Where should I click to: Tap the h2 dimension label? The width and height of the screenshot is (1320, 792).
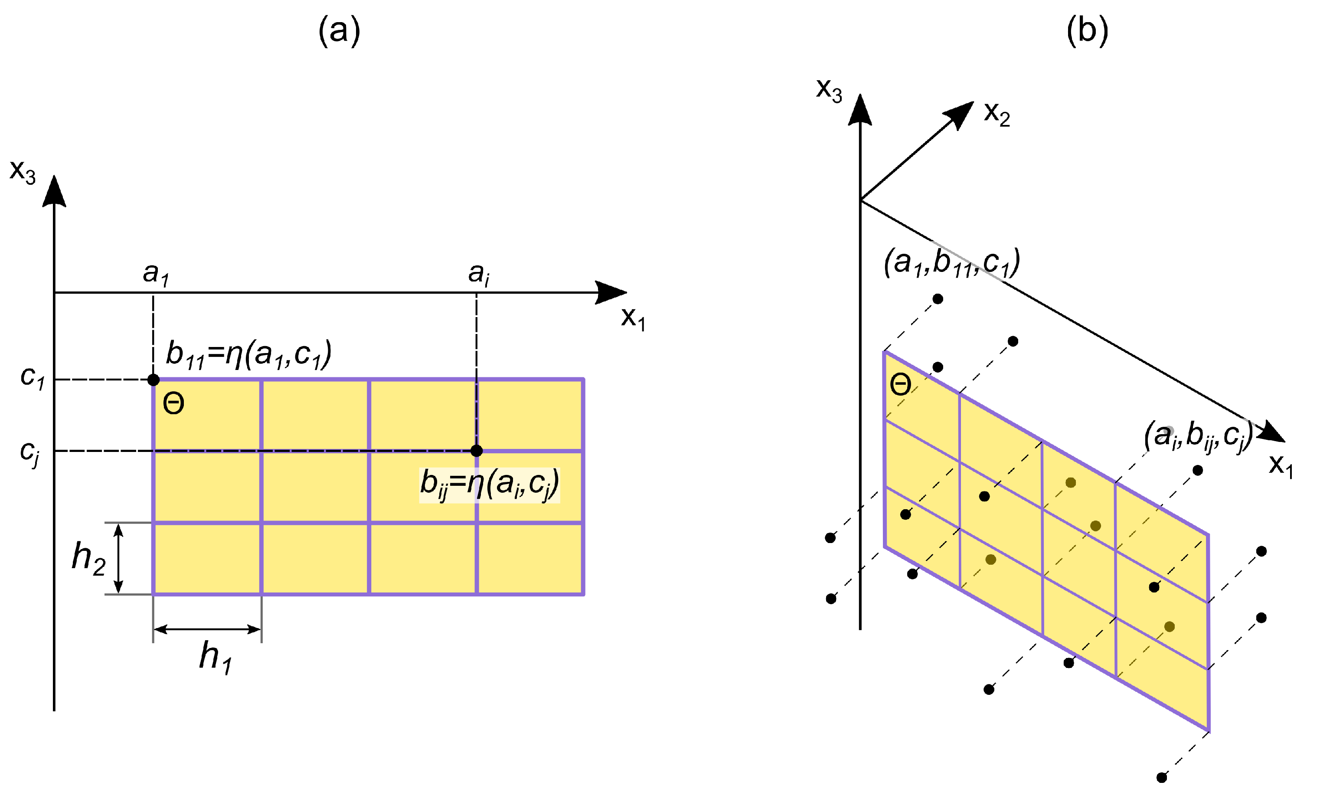(x=88, y=558)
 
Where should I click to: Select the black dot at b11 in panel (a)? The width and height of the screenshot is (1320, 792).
(x=153, y=380)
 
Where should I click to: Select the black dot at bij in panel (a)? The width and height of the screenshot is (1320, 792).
(x=477, y=451)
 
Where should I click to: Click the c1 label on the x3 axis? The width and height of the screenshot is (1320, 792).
(x=33, y=377)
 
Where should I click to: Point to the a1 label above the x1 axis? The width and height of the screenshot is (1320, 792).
(x=156, y=273)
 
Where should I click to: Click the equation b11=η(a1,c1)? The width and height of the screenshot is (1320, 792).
(x=248, y=354)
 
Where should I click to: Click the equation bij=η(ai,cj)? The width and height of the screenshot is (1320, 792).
(x=489, y=484)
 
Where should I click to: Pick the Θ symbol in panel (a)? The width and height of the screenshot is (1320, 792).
(x=173, y=403)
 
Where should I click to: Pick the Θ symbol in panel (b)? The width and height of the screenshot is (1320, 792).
(x=901, y=384)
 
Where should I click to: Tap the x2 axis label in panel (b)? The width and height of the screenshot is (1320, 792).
(x=997, y=114)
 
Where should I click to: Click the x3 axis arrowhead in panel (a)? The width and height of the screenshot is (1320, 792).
(x=54, y=191)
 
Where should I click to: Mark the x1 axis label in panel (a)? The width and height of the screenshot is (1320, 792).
(x=633, y=319)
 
